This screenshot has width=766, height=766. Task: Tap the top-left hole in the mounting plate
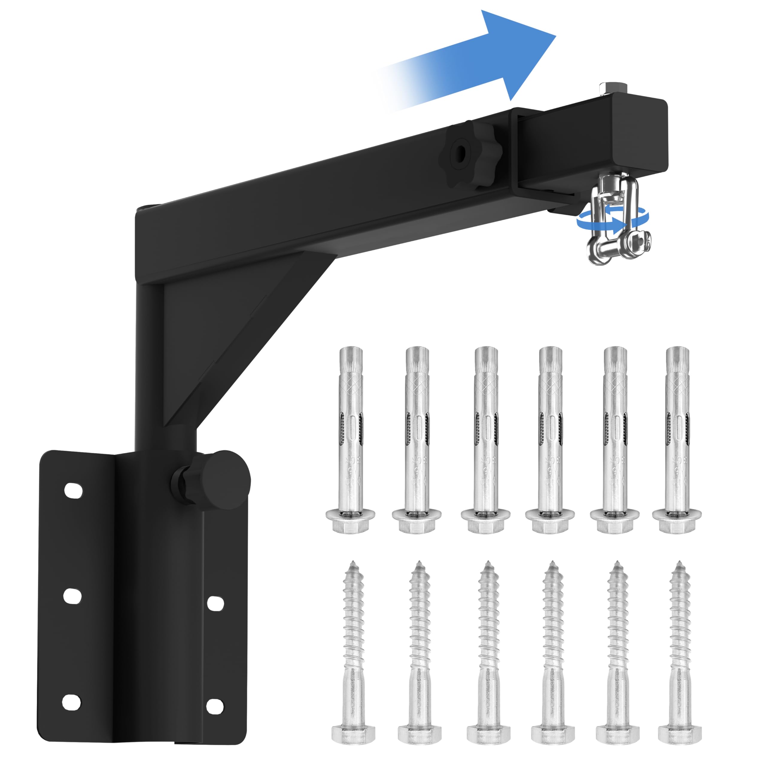(73, 491)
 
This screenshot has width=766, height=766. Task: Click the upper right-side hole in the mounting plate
(216, 603)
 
